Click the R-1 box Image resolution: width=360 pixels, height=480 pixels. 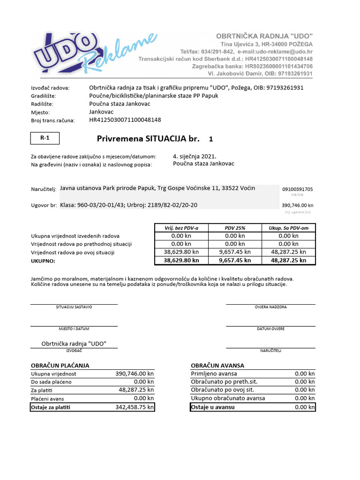coord(45,138)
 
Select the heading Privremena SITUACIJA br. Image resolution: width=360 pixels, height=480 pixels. coord(148,139)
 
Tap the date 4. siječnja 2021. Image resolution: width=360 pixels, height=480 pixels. coord(195,156)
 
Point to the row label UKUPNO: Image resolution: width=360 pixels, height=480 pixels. coord(43,261)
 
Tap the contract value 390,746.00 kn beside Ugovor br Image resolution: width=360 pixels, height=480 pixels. coord(297,205)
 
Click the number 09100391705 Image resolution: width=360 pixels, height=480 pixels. coord(297,189)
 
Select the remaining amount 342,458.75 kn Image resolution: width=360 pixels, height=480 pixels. coord(135,407)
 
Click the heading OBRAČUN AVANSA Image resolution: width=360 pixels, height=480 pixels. coord(217,365)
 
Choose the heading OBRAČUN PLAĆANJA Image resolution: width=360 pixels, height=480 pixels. coord(60,365)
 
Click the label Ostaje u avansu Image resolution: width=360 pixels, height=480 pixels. coord(213,407)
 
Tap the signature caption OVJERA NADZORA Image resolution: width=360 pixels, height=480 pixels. coord(270,307)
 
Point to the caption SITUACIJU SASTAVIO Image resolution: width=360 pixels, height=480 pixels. coord(74,307)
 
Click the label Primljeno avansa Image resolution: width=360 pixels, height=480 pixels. coord(214,374)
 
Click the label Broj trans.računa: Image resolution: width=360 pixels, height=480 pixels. coord(52,120)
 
